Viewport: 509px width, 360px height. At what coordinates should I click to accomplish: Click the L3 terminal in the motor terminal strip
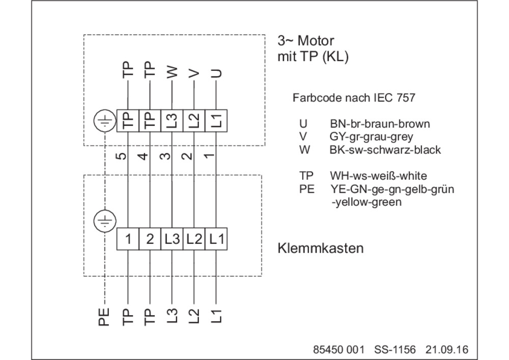(172, 121)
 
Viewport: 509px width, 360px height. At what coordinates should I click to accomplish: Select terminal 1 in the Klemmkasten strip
(128, 239)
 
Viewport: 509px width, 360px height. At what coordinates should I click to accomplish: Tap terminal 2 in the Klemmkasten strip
(150, 239)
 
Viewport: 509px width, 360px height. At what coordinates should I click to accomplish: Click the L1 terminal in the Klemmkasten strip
(216, 239)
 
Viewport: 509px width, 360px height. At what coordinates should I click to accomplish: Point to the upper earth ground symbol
(105, 121)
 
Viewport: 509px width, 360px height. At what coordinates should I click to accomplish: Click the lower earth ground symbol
(105, 221)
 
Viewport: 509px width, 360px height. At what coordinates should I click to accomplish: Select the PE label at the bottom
(104, 317)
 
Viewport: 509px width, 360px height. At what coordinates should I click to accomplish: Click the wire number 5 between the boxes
(121, 156)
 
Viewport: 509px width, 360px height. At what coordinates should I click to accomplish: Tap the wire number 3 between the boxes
(165, 156)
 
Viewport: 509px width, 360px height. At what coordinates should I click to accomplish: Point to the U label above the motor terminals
(216, 73)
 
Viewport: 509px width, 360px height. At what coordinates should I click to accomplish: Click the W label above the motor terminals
(173, 72)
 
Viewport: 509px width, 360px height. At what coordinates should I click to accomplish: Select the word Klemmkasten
(320, 248)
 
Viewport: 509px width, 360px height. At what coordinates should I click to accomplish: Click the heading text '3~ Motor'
(305, 41)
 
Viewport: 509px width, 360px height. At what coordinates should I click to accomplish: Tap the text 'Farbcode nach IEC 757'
(354, 98)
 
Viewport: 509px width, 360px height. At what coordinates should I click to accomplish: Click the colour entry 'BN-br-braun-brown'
(380, 124)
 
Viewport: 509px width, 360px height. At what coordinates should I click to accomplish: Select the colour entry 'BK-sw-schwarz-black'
(385, 150)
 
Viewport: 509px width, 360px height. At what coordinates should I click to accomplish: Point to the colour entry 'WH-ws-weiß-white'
(378, 176)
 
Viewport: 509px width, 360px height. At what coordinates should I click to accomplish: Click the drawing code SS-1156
(395, 350)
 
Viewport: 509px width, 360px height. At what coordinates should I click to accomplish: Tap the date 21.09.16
(447, 350)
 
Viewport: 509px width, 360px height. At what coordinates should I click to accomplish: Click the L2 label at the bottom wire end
(194, 316)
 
